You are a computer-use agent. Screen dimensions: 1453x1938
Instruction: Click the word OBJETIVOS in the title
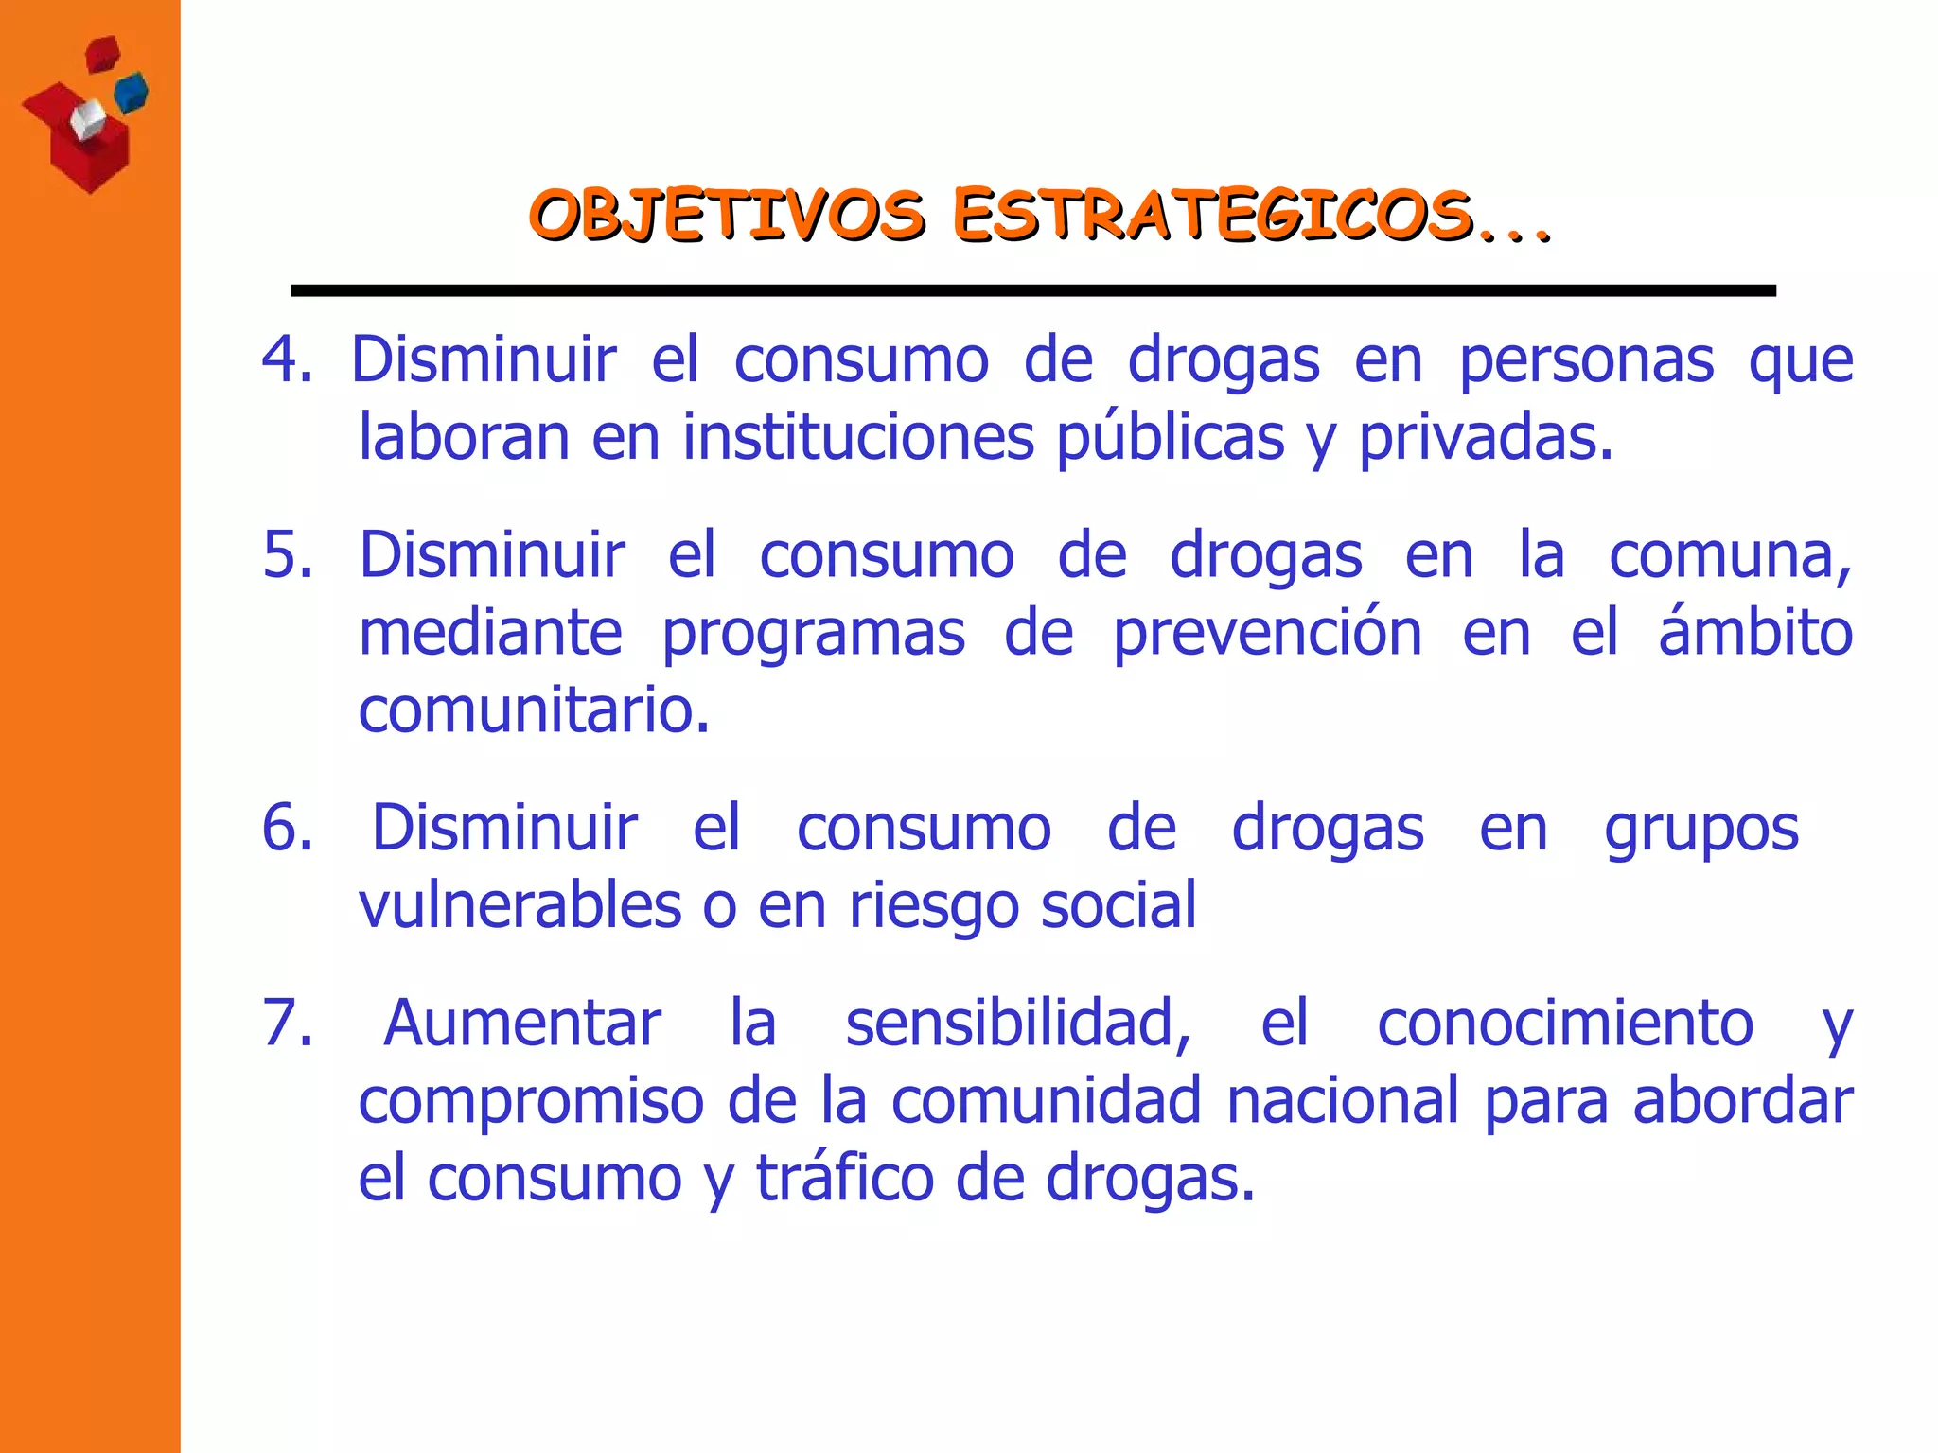pos(726,215)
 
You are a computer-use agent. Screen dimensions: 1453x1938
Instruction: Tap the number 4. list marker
pos(287,360)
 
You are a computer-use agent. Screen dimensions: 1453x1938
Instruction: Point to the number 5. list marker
pos(288,555)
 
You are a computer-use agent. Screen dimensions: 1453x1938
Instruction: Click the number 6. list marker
pos(288,828)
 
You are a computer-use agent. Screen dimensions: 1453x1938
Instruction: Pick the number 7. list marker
pos(288,1024)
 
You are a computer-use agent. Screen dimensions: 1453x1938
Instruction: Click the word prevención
pos(1267,634)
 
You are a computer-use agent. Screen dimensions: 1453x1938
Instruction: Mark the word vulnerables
pos(520,905)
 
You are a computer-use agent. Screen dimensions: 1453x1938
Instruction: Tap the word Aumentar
pos(522,1024)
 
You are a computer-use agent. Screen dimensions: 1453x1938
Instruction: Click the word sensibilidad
pos(1018,1024)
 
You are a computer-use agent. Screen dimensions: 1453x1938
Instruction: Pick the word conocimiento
pos(1565,1024)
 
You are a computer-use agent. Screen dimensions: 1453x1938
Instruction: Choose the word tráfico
pos(845,1180)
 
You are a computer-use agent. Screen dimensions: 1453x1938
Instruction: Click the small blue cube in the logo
pos(132,92)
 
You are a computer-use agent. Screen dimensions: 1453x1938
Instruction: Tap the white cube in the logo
pos(88,120)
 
